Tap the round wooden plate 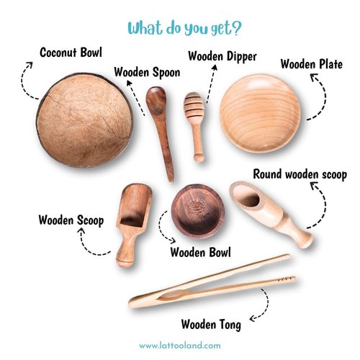[x=260, y=114]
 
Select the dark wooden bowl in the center [x=197, y=212]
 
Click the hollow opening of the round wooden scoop [x=248, y=196]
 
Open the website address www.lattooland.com [x=179, y=346]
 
